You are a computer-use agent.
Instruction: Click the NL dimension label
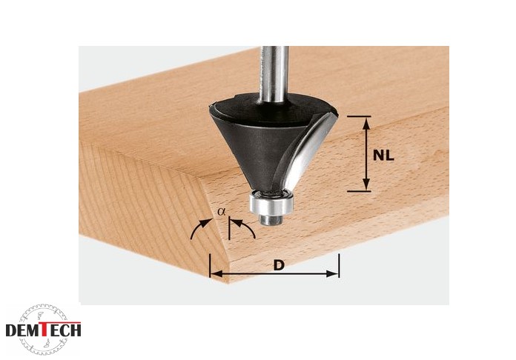(x=383, y=155)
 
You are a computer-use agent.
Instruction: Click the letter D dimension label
(x=279, y=265)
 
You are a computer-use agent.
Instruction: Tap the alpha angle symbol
(x=222, y=212)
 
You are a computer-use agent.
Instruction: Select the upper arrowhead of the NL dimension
(x=367, y=124)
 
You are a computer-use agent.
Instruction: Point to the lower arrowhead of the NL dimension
(x=367, y=184)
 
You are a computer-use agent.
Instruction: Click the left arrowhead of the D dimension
(x=217, y=273)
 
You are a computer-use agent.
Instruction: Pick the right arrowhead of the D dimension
(x=332, y=273)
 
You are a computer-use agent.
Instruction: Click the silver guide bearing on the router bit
(x=271, y=204)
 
